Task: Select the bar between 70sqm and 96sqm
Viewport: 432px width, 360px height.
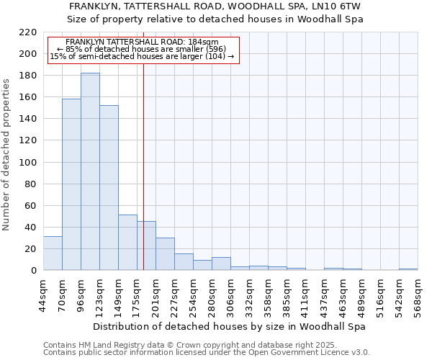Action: [71, 184]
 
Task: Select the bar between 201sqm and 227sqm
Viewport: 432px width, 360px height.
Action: [165, 253]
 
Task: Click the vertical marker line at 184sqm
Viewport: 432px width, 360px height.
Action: [143, 144]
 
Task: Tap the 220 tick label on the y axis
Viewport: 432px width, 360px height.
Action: [28, 32]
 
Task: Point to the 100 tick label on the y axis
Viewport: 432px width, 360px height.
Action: [28, 162]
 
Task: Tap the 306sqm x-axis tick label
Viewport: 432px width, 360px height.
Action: [230, 294]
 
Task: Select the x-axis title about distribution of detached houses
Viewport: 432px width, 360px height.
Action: [230, 326]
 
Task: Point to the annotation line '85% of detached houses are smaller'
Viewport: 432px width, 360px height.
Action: [142, 49]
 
